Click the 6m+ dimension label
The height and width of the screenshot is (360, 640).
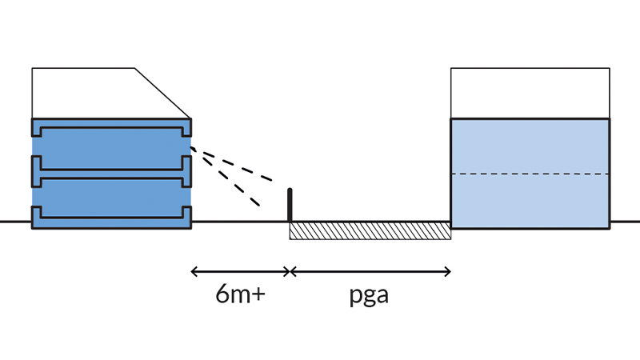point(240,294)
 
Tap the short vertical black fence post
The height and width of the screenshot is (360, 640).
point(290,205)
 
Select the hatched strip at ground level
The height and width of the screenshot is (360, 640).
point(370,230)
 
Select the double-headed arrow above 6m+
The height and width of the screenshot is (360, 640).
point(240,272)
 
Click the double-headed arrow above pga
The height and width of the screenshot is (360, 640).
point(370,272)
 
